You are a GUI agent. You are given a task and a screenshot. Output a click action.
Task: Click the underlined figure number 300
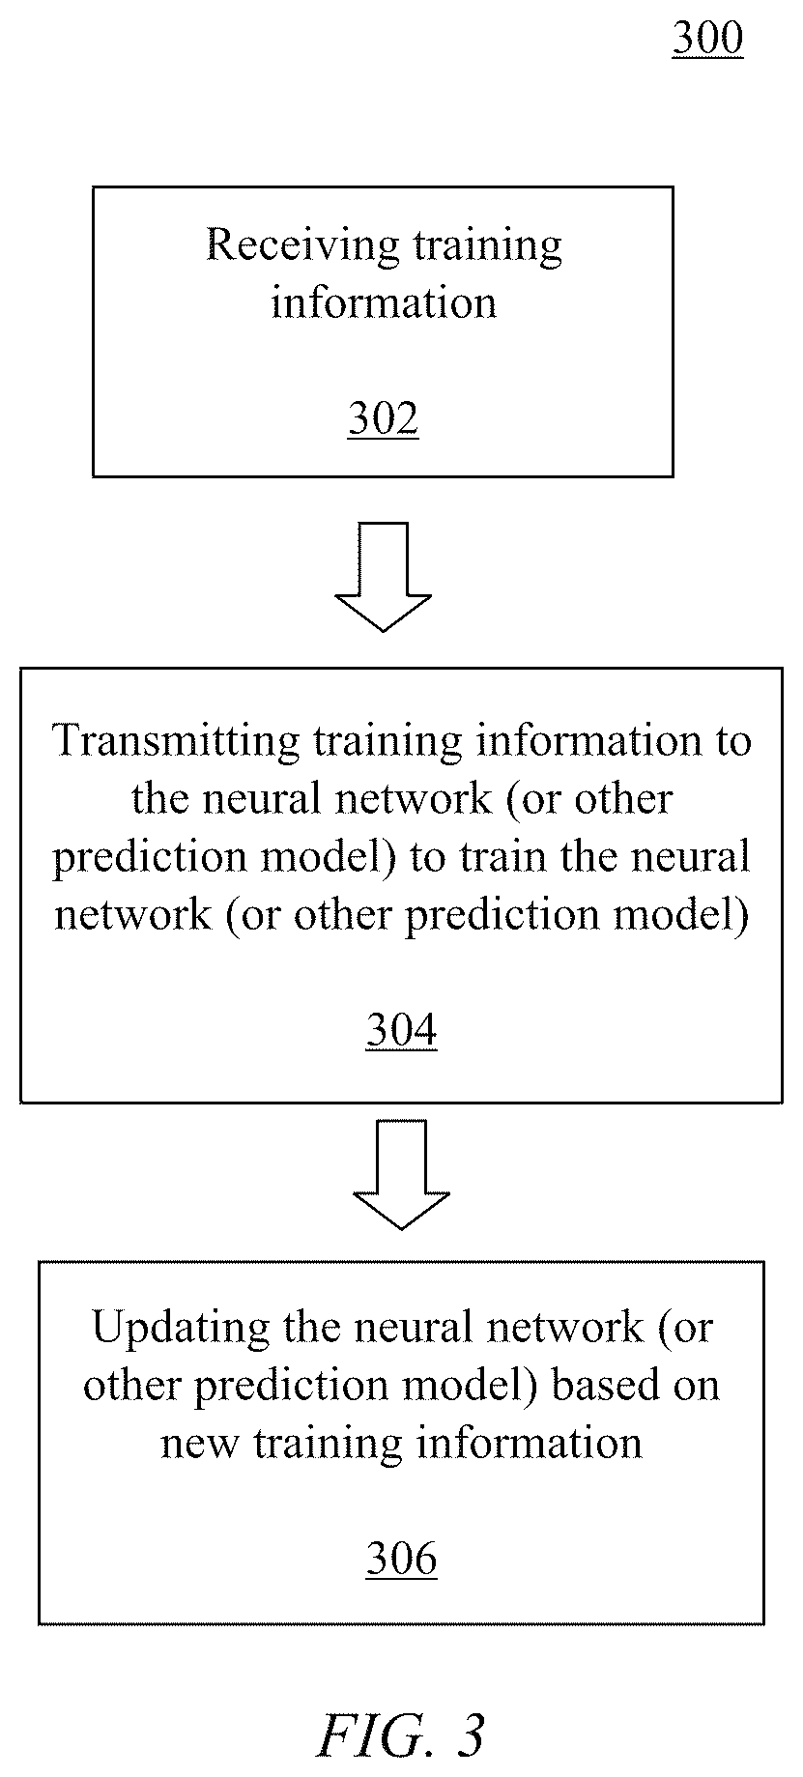coord(707,39)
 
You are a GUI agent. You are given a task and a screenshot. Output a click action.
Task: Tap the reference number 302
coord(383,419)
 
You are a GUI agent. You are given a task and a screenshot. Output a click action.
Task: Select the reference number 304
coord(401,1031)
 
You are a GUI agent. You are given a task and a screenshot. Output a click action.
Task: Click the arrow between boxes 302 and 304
coord(383,577)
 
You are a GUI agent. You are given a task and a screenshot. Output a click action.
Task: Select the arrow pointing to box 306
coord(401,1174)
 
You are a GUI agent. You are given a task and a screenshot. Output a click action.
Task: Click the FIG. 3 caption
coord(400,1735)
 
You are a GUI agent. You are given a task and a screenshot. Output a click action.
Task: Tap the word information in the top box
coord(383,303)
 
